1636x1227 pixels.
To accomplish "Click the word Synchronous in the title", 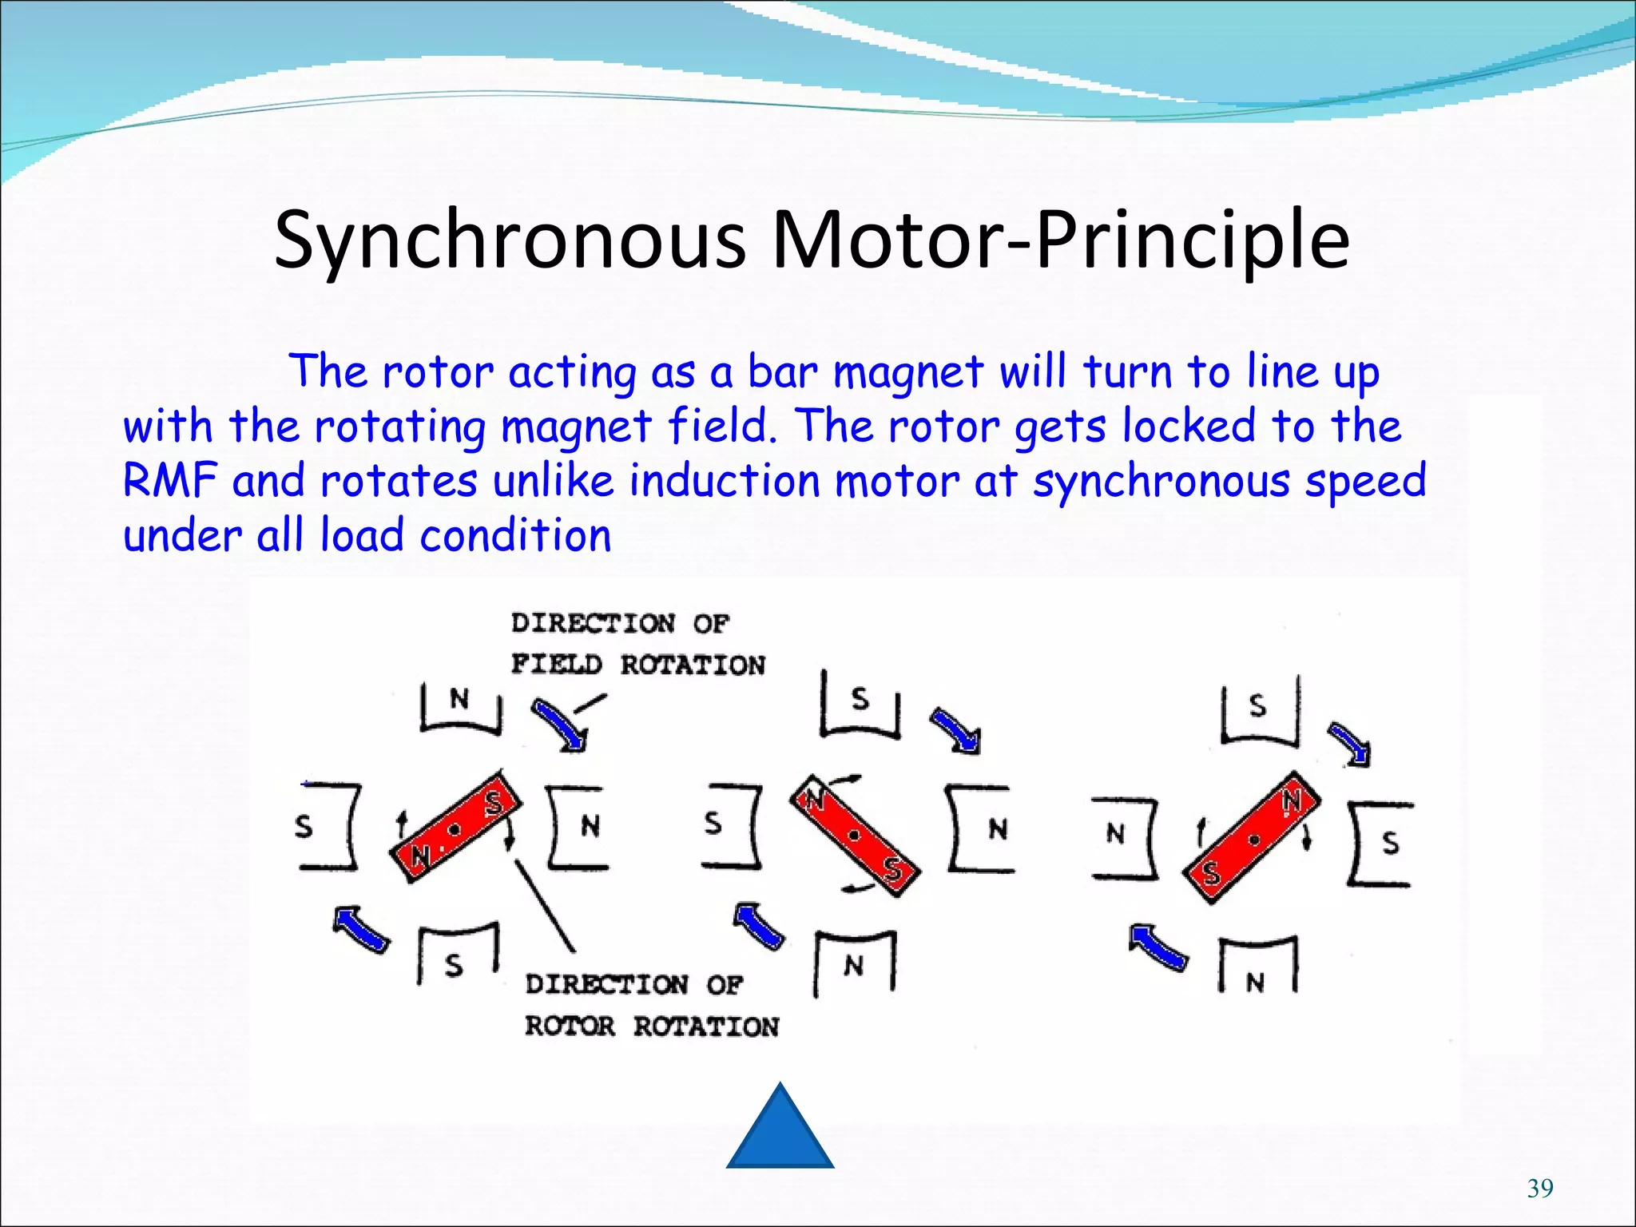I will tap(510, 240).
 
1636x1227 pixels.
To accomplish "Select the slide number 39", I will tap(1540, 1189).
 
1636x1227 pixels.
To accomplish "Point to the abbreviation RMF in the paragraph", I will tap(169, 481).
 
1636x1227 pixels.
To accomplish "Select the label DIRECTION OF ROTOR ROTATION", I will tap(650, 1005).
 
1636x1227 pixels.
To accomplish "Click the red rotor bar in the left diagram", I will tap(455, 828).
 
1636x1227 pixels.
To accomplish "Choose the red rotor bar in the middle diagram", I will tap(855, 836).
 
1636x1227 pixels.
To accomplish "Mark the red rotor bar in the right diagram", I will tap(1251, 837).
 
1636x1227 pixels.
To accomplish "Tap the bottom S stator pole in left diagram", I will tap(455, 959).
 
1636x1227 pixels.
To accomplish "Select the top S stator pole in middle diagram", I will tap(860, 705).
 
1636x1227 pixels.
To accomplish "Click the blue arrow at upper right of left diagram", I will tap(559, 724).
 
